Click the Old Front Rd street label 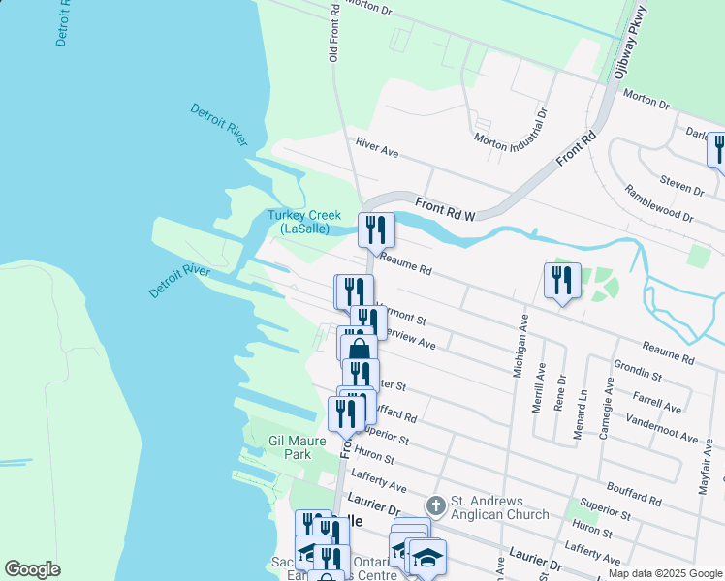click(x=334, y=33)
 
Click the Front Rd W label click(x=445, y=209)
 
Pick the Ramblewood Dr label click(x=658, y=204)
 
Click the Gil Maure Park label click(x=302, y=446)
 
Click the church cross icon click(x=436, y=505)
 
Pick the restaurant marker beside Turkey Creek click(x=376, y=230)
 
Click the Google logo click(x=32, y=569)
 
